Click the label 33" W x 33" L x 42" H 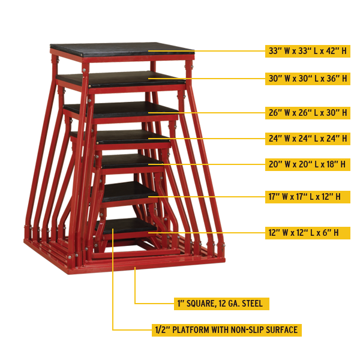click(x=307, y=52)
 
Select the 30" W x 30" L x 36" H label click(x=307, y=79)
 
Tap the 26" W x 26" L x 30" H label click(x=307, y=112)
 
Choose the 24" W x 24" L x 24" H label click(x=307, y=139)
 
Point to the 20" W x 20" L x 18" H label click(x=307, y=164)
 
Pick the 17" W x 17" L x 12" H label click(x=307, y=196)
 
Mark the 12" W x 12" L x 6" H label click(x=307, y=232)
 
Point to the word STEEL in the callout click(x=252, y=304)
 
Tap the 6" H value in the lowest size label click(x=337, y=232)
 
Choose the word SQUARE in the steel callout click(x=201, y=304)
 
